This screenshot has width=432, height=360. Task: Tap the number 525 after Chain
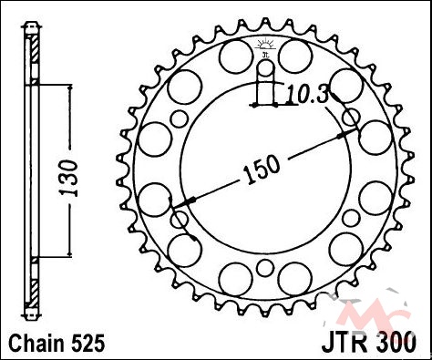(88, 344)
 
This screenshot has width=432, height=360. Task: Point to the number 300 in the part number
(395, 343)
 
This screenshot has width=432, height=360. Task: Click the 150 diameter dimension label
(262, 170)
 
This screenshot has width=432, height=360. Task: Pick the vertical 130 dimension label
(68, 178)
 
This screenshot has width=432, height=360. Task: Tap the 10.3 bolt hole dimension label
(308, 94)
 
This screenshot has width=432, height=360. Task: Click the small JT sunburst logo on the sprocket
(266, 48)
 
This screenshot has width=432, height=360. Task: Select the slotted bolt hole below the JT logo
(266, 83)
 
